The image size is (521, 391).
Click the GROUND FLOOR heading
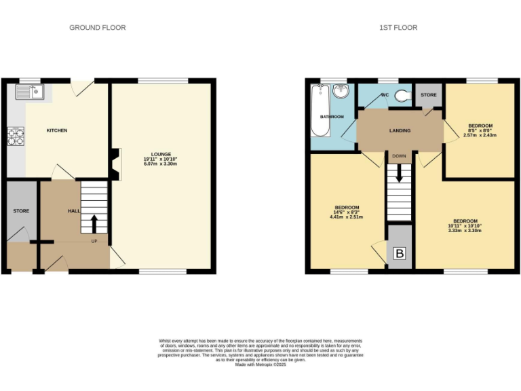(97, 28)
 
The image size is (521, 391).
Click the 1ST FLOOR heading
(398, 28)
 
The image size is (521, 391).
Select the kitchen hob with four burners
(15, 137)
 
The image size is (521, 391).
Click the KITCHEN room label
(56, 130)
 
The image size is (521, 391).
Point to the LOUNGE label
(161, 154)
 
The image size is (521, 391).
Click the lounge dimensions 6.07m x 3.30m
(161, 164)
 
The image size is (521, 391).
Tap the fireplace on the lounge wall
(116, 164)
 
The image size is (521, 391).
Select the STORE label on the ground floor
(21, 211)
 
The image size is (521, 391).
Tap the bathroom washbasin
(341, 92)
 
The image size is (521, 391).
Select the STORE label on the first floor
(428, 95)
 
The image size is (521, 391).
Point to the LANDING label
(398, 130)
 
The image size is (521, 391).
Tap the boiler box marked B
(400, 255)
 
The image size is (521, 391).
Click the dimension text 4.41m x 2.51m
(347, 217)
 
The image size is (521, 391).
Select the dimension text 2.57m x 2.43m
(480, 135)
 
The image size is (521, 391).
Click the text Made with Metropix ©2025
(261, 365)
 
